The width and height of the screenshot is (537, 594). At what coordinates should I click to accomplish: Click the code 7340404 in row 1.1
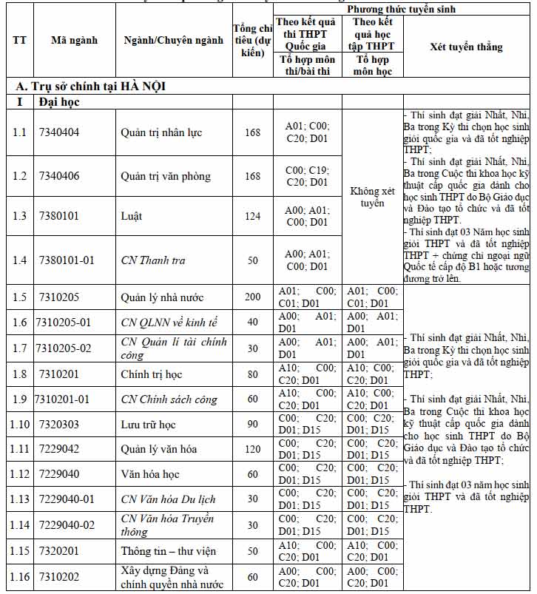(x=58, y=132)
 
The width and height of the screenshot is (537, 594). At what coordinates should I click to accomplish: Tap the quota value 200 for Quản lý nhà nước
(x=253, y=297)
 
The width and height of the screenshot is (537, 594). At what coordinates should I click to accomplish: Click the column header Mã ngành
(x=74, y=41)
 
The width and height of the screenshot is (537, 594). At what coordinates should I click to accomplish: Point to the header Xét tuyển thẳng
(x=466, y=47)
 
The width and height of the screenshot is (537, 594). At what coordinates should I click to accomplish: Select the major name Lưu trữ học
(x=148, y=424)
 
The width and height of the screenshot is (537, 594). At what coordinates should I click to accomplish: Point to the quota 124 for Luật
(x=253, y=216)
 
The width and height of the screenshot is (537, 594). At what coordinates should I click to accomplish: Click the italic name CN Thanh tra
(x=153, y=260)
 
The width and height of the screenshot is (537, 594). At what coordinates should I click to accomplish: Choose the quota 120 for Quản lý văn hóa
(x=253, y=449)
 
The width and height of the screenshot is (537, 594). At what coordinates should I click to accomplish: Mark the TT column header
(x=20, y=41)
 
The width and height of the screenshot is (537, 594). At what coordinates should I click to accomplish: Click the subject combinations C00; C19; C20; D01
(x=307, y=176)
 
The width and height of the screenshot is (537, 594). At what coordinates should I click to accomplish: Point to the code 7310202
(x=58, y=576)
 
